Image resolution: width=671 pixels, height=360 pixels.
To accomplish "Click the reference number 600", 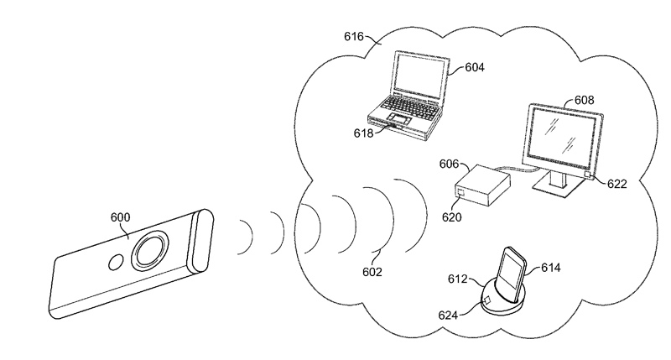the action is point(120,217).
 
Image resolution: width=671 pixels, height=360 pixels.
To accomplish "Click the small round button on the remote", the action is point(115,263).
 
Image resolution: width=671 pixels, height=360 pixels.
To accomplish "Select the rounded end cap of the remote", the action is point(200,241).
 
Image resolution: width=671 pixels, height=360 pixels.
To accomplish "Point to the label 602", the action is point(372,272).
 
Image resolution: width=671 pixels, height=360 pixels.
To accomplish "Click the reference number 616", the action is point(354,37).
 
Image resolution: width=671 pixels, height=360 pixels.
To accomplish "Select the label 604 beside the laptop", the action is point(475,67).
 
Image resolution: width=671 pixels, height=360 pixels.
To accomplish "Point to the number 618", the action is point(363,133).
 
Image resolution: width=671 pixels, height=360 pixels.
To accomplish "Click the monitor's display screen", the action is point(561,133).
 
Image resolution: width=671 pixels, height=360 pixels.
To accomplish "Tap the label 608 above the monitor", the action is point(584,100).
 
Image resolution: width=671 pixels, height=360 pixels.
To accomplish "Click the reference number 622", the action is point(617,184).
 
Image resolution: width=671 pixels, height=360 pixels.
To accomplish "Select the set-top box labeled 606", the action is point(482,185).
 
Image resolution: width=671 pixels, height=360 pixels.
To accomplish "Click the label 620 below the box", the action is point(452,217).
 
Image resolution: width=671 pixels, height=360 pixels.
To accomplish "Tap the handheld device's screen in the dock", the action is point(512,270).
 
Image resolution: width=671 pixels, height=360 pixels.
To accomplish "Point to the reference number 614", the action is point(551,268).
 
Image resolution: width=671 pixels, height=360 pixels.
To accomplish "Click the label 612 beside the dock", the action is point(458,279).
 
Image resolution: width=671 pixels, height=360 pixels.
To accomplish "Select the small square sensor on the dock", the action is point(487,300).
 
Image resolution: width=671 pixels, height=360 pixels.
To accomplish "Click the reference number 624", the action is point(448,316).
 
